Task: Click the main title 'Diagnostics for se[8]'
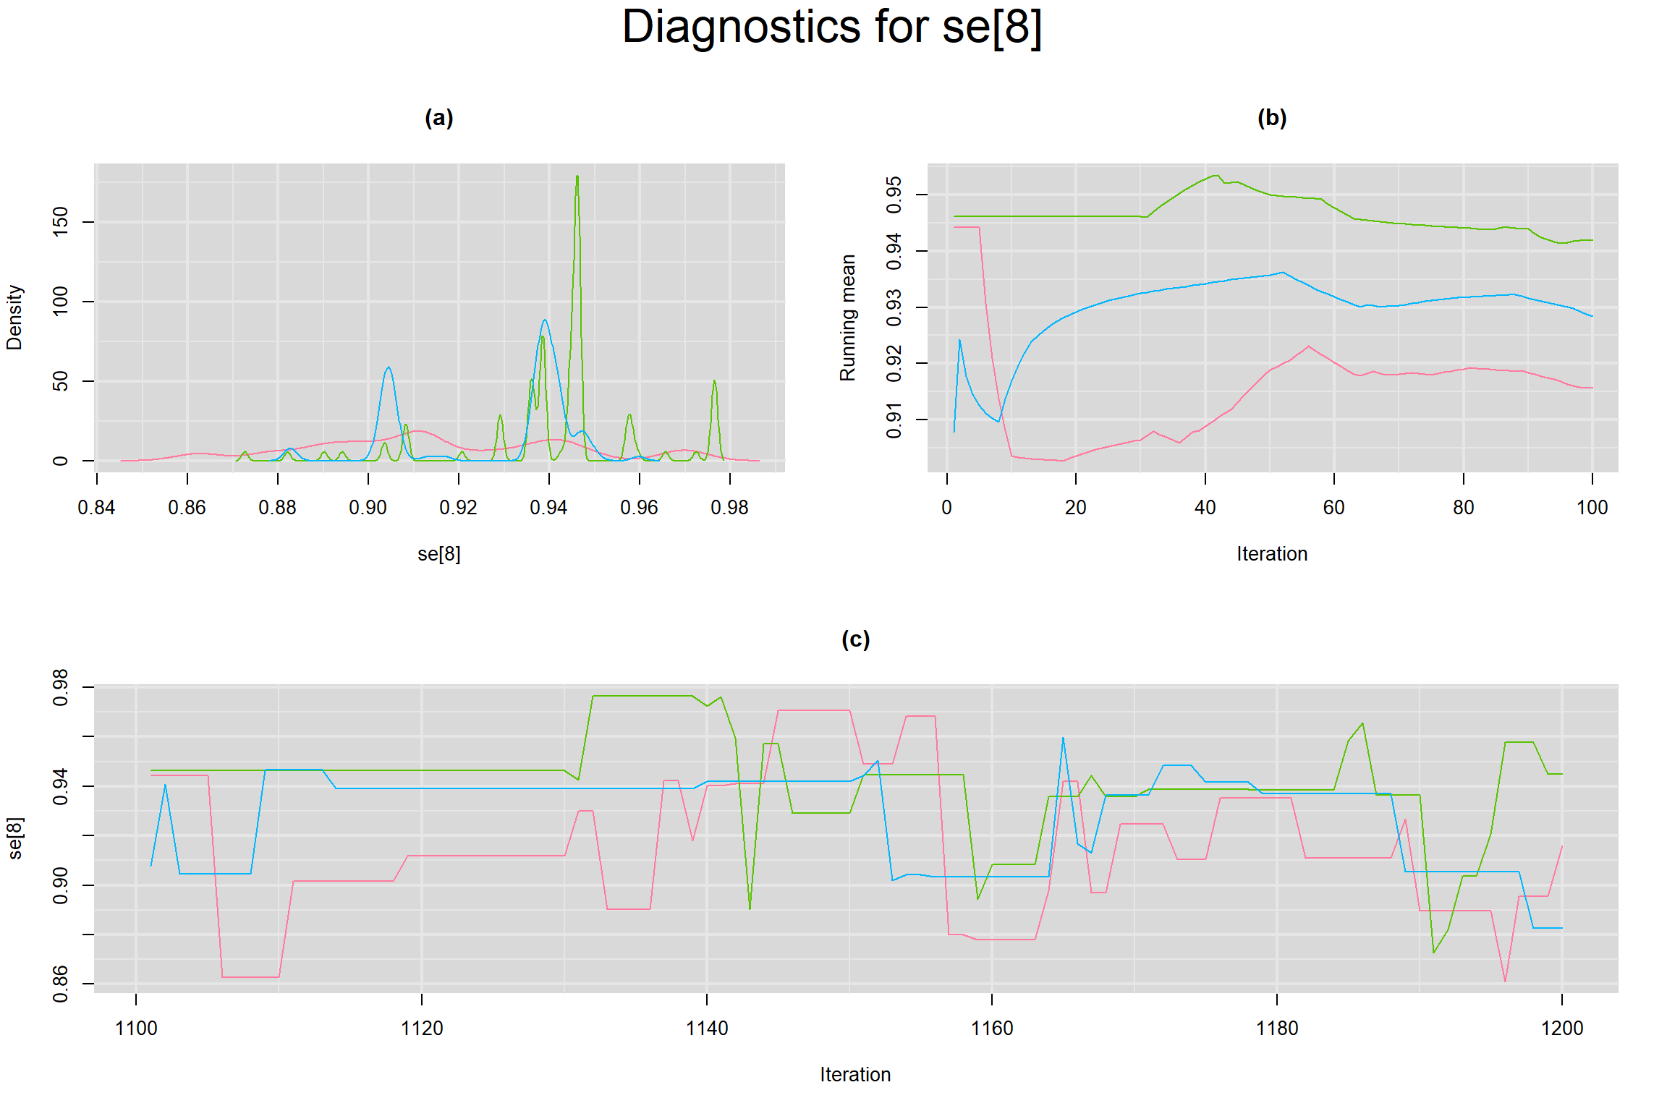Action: pos(832,27)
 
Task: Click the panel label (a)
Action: pos(438,117)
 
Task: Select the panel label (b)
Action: pos(1272,117)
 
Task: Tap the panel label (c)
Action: pos(855,639)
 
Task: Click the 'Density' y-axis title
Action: pos(14,317)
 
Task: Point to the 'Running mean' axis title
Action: pos(847,317)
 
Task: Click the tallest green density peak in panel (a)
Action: pos(577,176)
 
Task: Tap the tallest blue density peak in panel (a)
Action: pos(544,320)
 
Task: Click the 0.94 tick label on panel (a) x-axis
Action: pos(548,508)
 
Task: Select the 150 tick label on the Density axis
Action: pos(61,221)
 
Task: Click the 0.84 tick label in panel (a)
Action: pos(96,508)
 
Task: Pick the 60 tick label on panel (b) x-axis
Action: pos(1333,508)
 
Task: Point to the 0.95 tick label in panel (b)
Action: pos(894,195)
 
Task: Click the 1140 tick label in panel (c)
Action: pos(706,1028)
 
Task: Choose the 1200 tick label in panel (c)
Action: pos(1562,1028)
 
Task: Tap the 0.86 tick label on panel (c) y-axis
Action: pos(61,984)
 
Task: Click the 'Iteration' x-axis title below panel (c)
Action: pos(855,1074)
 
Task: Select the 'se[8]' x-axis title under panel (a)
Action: pos(438,554)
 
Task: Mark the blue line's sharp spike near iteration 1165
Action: pos(1063,738)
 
